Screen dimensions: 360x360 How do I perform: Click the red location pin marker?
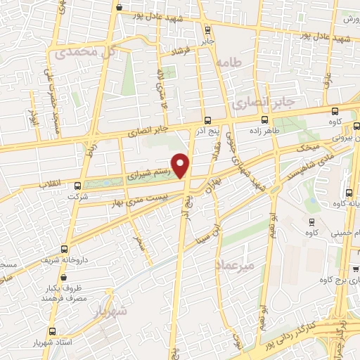(181, 165)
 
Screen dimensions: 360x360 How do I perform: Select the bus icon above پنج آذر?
(206, 120)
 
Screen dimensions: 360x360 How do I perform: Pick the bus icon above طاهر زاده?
(264, 120)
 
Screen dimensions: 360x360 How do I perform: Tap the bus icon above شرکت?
(78, 186)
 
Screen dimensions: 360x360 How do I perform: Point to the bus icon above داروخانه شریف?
(65, 249)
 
